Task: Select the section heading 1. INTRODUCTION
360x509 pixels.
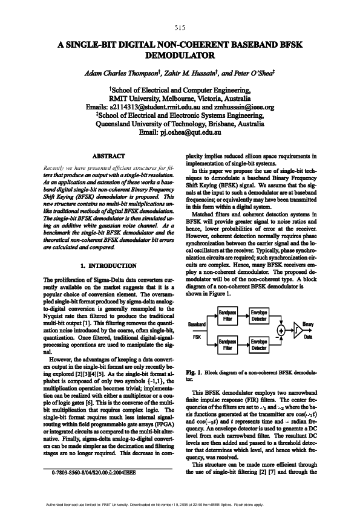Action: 109,266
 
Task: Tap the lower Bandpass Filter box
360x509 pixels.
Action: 226,345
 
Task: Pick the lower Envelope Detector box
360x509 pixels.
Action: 259,345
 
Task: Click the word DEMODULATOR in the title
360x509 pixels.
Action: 180,55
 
